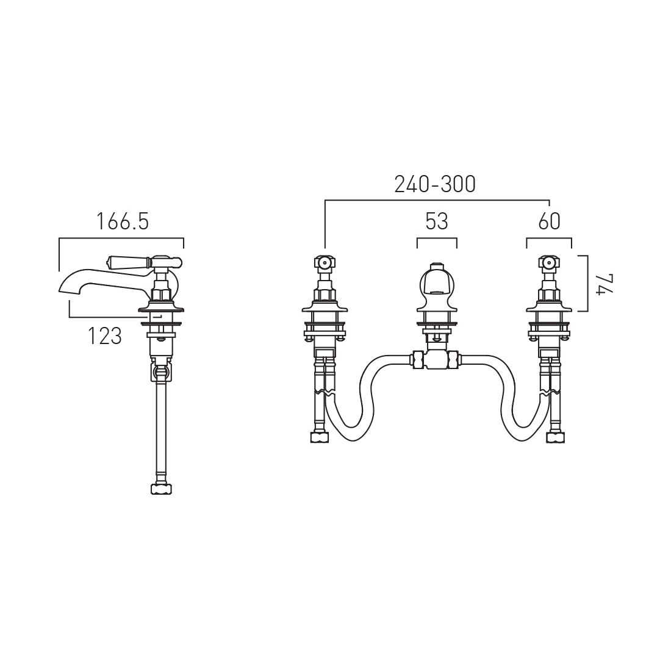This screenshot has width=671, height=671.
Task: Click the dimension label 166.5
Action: pyautogui.click(x=123, y=221)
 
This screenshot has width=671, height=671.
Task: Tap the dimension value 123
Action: pyautogui.click(x=105, y=335)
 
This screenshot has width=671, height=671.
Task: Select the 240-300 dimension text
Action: pyautogui.click(x=435, y=184)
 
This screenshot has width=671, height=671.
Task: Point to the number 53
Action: pyautogui.click(x=437, y=221)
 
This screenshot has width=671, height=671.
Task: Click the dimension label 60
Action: pyautogui.click(x=549, y=221)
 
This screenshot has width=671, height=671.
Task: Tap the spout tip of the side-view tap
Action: pyautogui.click(x=60, y=291)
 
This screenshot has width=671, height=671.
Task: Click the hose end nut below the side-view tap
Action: pyautogui.click(x=161, y=489)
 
